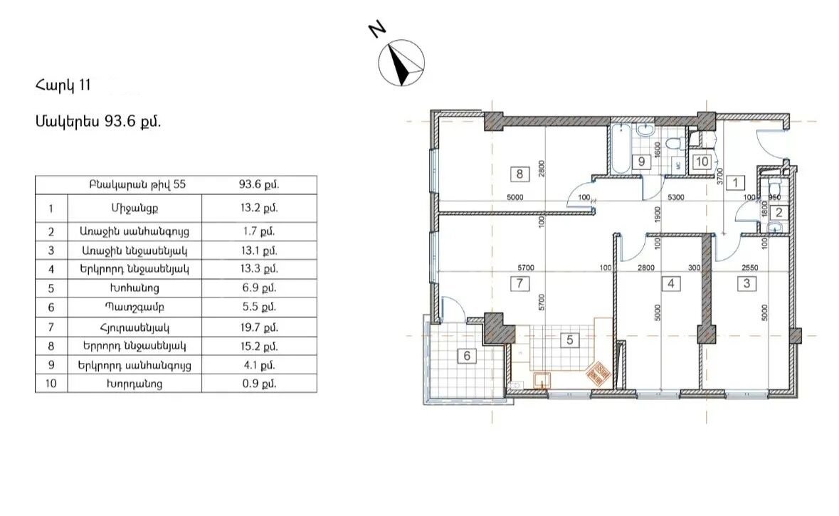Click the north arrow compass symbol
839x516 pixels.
click(401, 63)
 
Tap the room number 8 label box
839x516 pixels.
click(519, 174)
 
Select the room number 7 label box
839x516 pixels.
click(519, 283)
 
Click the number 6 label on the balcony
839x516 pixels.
click(467, 355)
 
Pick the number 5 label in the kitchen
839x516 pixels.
click(570, 340)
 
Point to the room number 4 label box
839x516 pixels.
click(671, 283)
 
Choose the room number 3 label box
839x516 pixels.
click(747, 283)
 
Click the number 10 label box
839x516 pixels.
click(702, 161)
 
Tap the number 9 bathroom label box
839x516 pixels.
click(641, 161)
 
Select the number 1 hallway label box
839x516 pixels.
click(736, 182)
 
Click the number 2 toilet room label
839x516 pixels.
click(779, 213)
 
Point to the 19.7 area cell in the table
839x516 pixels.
click(259, 327)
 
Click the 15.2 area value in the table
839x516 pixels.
click(259, 347)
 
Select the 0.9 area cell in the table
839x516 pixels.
click(259, 383)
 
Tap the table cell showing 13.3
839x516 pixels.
click(259, 269)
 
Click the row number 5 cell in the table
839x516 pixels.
click(51, 288)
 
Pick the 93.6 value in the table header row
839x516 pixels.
click(259, 184)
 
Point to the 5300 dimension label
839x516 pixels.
click(676, 197)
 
